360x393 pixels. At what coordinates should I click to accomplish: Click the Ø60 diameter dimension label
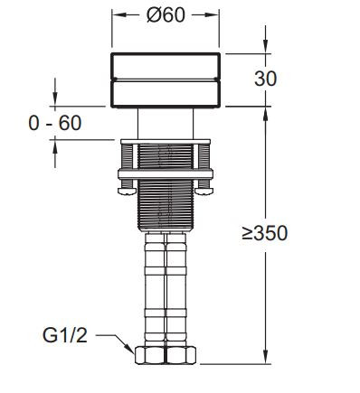tap(166, 15)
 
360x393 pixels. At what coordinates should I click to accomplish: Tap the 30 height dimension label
tap(265, 79)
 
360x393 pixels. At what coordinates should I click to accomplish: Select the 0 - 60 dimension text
tap(55, 123)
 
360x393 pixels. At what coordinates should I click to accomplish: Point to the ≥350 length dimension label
tap(265, 233)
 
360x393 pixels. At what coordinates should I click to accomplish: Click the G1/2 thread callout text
tap(65, 335)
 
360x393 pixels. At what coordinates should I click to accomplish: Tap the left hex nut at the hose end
tap(150, 355)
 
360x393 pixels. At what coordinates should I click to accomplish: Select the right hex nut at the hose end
tap(181, 355)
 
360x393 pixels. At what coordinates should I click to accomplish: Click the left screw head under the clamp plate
tap(127, 191)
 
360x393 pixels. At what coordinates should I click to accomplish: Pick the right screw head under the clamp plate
tap(204, 191)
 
